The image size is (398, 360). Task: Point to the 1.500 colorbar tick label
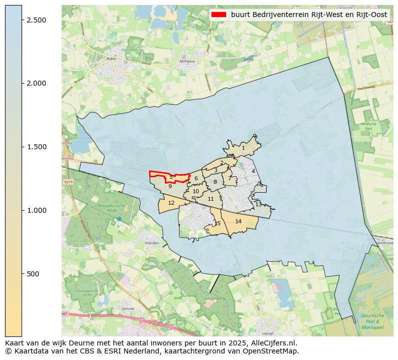(x=37, y=147)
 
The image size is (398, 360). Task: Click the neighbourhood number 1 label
(x=243, y=148)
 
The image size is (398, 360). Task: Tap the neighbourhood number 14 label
(x=238, y=221)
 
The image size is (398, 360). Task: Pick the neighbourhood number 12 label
(x=171, y=203)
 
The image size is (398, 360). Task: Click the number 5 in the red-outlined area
(x=171, y=177)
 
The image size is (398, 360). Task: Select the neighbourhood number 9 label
(x=170, y=186)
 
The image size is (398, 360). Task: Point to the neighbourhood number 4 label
(x=253, y=171)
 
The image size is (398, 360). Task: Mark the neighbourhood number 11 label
(x=211, y=199)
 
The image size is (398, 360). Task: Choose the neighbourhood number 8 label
(x=215, y=182)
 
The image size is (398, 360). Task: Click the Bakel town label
(x=111, y=59)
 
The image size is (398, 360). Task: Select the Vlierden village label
(x=151, y=243)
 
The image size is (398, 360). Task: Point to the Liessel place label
(x=268, y=333)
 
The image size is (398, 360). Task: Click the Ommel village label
(x=128, y=308)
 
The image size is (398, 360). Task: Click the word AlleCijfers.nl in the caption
(x=274, y=343)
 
